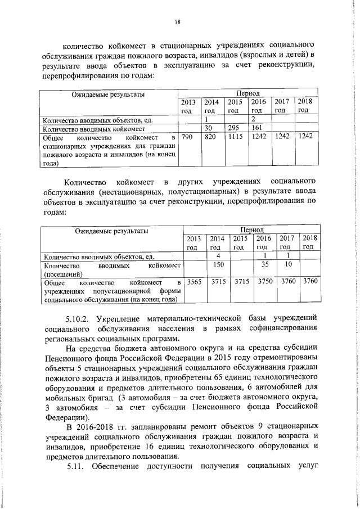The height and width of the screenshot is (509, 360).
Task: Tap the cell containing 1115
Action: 235,137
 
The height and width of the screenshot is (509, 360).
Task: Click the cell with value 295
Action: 235,128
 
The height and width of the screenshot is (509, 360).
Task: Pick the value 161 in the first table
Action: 258,128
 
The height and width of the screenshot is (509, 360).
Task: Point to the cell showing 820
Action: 210,137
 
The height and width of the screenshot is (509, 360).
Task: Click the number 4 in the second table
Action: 218,256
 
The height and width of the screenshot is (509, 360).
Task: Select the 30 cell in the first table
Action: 210,128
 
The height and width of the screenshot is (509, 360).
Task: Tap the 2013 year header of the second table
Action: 194,242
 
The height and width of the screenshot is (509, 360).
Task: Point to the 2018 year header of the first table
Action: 304,105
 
